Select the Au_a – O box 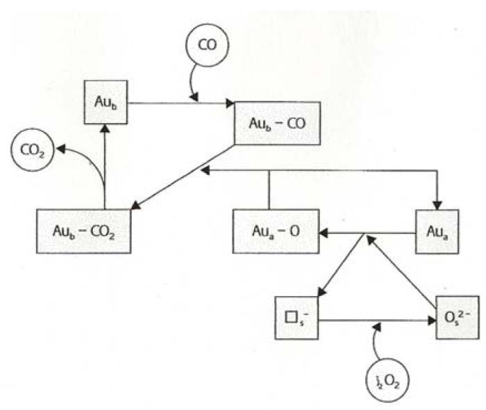point(276,229)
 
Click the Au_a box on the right point(437,229)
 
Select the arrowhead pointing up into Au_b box point(104,127)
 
